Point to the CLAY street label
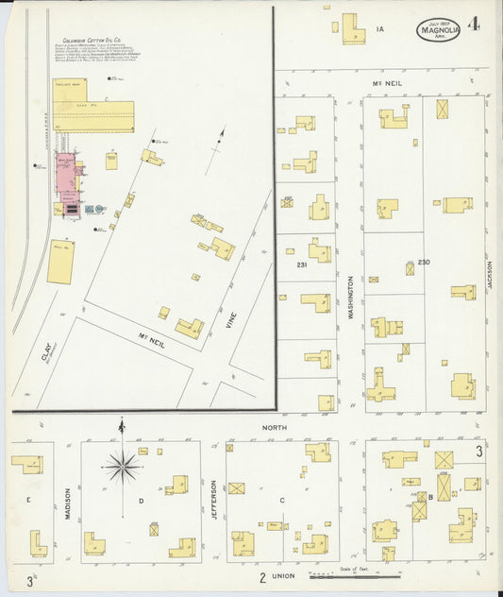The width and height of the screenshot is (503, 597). (x=44, y=353)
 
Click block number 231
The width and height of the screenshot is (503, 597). (x=302, y=264)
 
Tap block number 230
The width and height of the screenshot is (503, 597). (x=424, y=262)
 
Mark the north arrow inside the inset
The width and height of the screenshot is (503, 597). (x=220, y=140)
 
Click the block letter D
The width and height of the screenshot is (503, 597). (x=141, y=501)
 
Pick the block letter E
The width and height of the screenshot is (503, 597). (x=28, y=499)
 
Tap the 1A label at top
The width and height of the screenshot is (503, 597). (x=379, y=29)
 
